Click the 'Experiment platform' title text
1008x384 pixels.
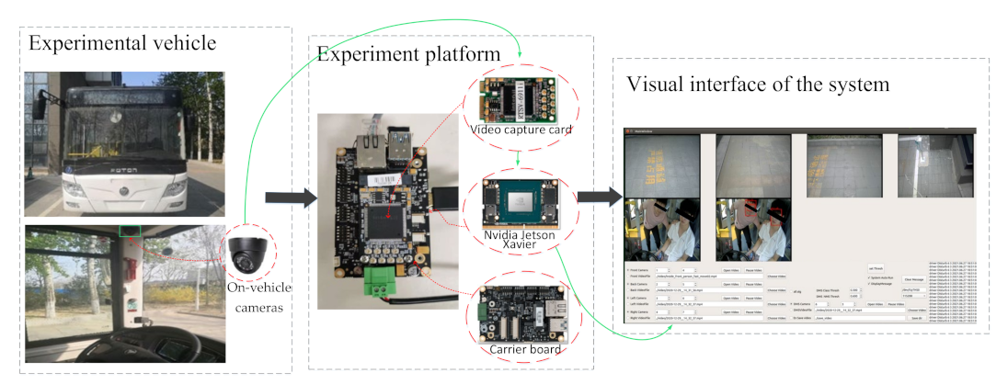coord(409,54)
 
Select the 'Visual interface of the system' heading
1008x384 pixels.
coord(758,85)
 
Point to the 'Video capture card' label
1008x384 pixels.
coord(520,130)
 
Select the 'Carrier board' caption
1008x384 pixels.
coord(521,348)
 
